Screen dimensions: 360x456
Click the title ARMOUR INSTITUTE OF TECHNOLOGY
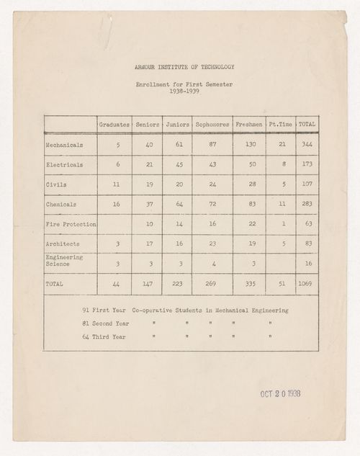(x=184, y=67)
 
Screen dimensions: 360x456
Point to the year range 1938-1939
(x=184, y=91)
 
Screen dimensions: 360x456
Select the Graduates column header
(x=114, y=125)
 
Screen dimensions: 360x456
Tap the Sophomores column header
(x=212, y=125)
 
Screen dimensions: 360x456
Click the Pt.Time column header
(x=280, y=125)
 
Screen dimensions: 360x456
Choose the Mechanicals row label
(x=64, y=145)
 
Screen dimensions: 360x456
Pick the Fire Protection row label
(x=71, y=224)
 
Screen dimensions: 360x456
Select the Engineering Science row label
(x=64, y=261)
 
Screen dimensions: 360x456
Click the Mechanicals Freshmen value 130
(x=249, y=145)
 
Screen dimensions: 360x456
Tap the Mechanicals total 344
(x=307, y=145)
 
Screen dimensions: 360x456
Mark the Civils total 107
(x=307, y=184)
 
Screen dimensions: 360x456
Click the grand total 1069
(x=307, y=284)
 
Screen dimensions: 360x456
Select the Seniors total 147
(x=148, y=284)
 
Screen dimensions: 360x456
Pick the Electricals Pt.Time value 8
(x=283, y=165)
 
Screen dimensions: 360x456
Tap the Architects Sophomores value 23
(x=212, y=244)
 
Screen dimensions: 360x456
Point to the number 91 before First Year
(x=86, y=310)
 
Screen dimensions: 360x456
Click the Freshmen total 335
(x=249, y=284)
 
